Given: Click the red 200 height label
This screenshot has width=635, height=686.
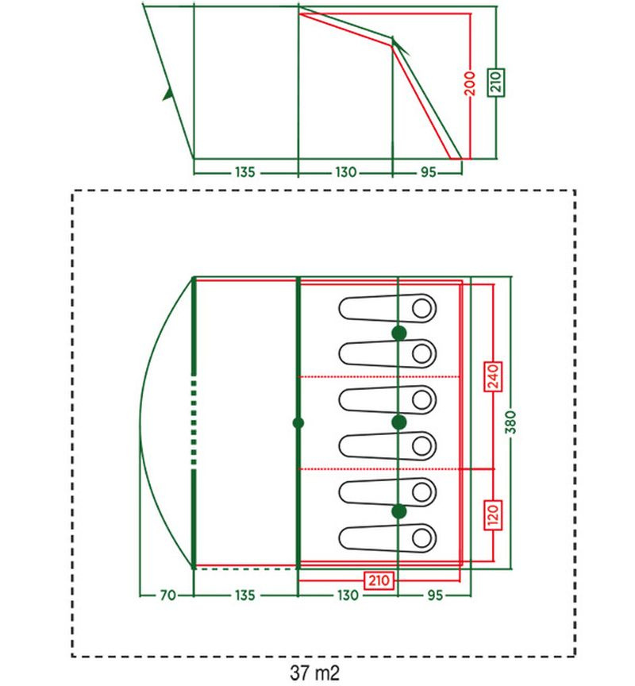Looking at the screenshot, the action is coord(470,83).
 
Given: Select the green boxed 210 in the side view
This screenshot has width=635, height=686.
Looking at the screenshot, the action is coord(496,83).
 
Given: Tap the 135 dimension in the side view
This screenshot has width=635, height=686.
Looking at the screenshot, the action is coord(245,172).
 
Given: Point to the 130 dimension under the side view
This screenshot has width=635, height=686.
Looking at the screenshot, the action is coord(345,172).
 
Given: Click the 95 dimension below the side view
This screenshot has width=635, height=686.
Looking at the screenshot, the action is coord(428,172).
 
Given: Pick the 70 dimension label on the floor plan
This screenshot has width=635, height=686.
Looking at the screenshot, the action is coord(168,595).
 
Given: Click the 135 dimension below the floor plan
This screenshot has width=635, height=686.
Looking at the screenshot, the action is coord(245,595).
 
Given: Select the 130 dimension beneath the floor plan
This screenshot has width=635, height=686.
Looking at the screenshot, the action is coord(348,595).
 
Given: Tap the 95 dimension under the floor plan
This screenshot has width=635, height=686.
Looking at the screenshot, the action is coord(435,595).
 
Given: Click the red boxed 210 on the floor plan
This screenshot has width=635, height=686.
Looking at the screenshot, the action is coord(379,580).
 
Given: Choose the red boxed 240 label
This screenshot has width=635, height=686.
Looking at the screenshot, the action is coord(493,376).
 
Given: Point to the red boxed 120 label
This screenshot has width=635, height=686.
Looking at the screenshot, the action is coord(493,515).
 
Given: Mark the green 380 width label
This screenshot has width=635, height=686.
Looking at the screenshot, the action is coord(510,422).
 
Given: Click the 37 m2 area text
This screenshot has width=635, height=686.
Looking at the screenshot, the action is coord(315,673).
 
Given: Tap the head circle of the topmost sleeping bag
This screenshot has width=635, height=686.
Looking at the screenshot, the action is coord(422,308).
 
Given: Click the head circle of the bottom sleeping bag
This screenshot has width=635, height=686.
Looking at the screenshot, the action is coord(422,538).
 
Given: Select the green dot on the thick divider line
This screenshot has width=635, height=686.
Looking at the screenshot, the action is coord(298,423).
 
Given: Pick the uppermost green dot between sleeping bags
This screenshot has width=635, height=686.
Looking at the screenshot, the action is coord(398,333).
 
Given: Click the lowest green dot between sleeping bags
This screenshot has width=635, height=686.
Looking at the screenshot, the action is coord(398,511).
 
